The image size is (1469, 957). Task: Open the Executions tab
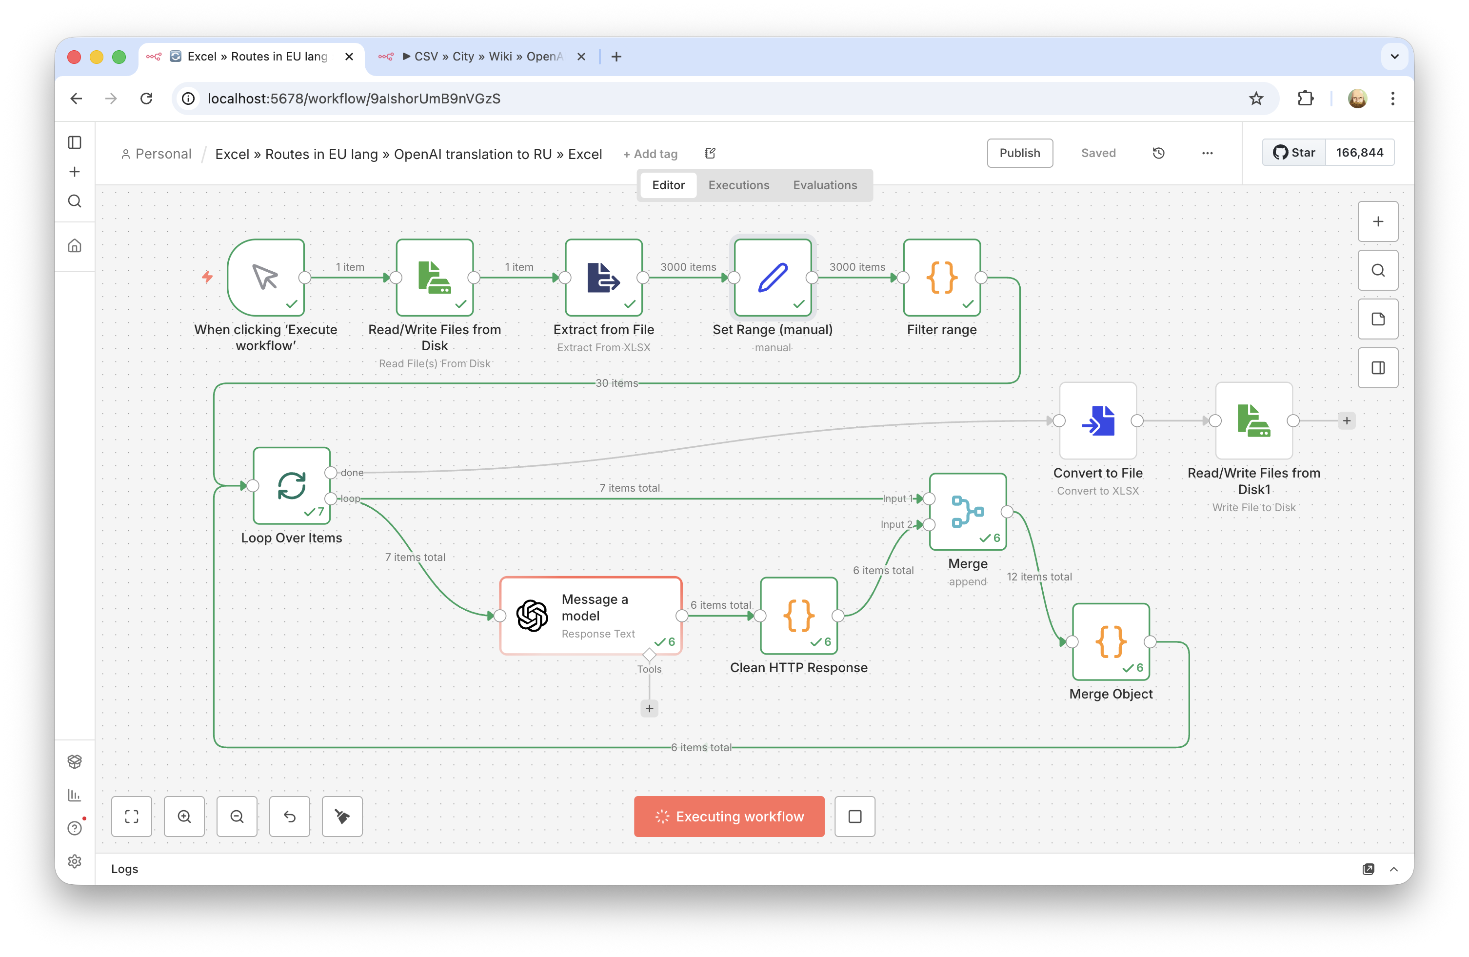738,185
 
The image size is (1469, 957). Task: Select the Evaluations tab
825,185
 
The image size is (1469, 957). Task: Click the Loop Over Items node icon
291,485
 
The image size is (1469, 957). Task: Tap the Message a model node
590,616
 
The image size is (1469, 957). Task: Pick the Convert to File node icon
1097,420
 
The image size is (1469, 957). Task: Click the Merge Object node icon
1111,641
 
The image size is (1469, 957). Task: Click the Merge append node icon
967,511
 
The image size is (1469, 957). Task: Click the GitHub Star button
1294,153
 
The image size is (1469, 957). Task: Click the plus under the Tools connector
649,708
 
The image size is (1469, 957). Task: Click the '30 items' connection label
616,383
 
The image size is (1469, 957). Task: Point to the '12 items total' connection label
1039,577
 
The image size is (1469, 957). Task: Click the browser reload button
146,99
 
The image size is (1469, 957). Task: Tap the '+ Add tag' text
650,154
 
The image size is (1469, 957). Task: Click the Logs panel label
125,869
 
